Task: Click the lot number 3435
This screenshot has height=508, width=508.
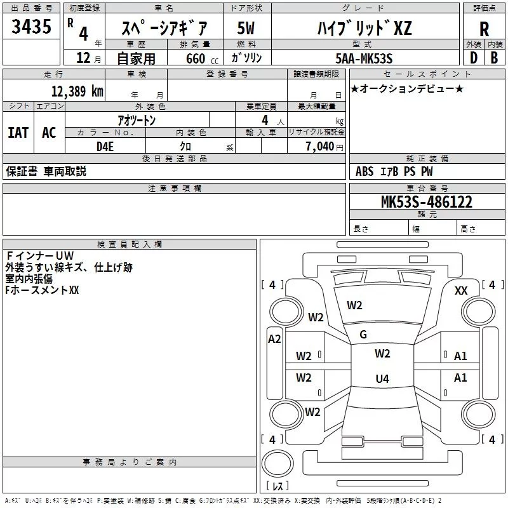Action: [31, 26]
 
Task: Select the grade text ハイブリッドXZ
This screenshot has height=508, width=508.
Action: [364, 28]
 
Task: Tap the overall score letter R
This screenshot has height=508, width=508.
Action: [484, 29]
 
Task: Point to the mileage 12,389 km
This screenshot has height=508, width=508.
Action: [77, 91]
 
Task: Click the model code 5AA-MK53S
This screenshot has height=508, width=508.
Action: [364, 58]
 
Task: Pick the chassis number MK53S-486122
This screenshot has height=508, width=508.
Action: [426, 202]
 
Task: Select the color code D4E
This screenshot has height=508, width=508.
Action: [105, 147]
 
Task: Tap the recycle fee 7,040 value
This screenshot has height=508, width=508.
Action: [320, 147]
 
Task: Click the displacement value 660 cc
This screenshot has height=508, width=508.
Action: [202, 59]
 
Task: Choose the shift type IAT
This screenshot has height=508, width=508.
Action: [18, 133]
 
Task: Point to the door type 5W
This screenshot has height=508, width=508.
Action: [246, 28]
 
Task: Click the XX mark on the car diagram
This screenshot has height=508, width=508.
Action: [461, 291]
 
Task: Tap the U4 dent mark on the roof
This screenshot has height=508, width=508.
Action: [382, 378]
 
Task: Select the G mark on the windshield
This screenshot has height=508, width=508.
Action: [363, 335]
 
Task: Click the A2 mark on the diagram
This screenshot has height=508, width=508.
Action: [274, 339]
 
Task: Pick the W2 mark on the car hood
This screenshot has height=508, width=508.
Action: [354, 305]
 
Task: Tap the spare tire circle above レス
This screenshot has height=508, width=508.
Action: [277, 464]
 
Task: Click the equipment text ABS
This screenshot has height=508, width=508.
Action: [364, 171]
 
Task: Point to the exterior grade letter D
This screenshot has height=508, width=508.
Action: [474, 58]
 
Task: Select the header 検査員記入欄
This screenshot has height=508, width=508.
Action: [130, 244]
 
